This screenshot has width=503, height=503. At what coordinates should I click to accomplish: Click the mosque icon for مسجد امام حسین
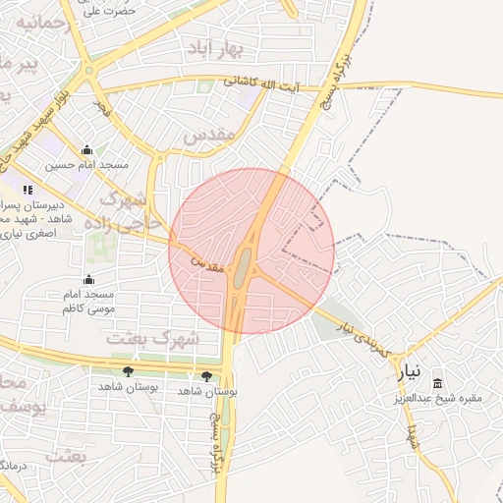87,150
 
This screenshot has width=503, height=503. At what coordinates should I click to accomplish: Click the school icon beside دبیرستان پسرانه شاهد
27,189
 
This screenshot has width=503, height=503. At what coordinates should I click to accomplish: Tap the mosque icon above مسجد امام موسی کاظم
89,280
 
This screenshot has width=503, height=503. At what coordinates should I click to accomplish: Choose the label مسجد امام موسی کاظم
88,302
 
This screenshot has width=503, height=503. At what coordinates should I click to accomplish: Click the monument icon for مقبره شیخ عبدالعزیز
437,383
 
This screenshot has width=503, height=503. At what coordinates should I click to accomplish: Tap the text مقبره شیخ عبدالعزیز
437,398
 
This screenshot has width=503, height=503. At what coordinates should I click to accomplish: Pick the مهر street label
100,105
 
